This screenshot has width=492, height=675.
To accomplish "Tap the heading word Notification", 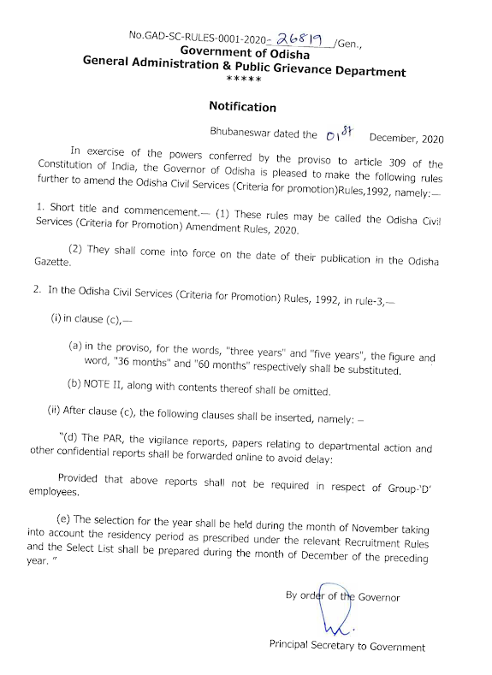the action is pyautogui.click(x=243, y=108).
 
